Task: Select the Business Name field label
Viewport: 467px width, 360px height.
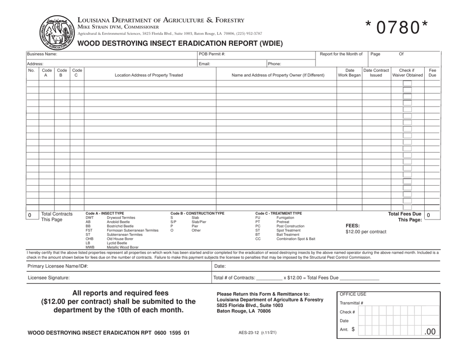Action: [x=42, y=54]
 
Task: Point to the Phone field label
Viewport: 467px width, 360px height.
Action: [x=275, y=64]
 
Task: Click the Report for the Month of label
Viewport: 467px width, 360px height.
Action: [x=341, y=54]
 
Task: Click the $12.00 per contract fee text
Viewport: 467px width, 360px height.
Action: [x=366, y=231]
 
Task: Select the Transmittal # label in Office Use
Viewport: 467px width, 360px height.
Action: [x=351, y=303]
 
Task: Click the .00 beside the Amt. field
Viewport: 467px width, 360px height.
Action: [x=430, y=332]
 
